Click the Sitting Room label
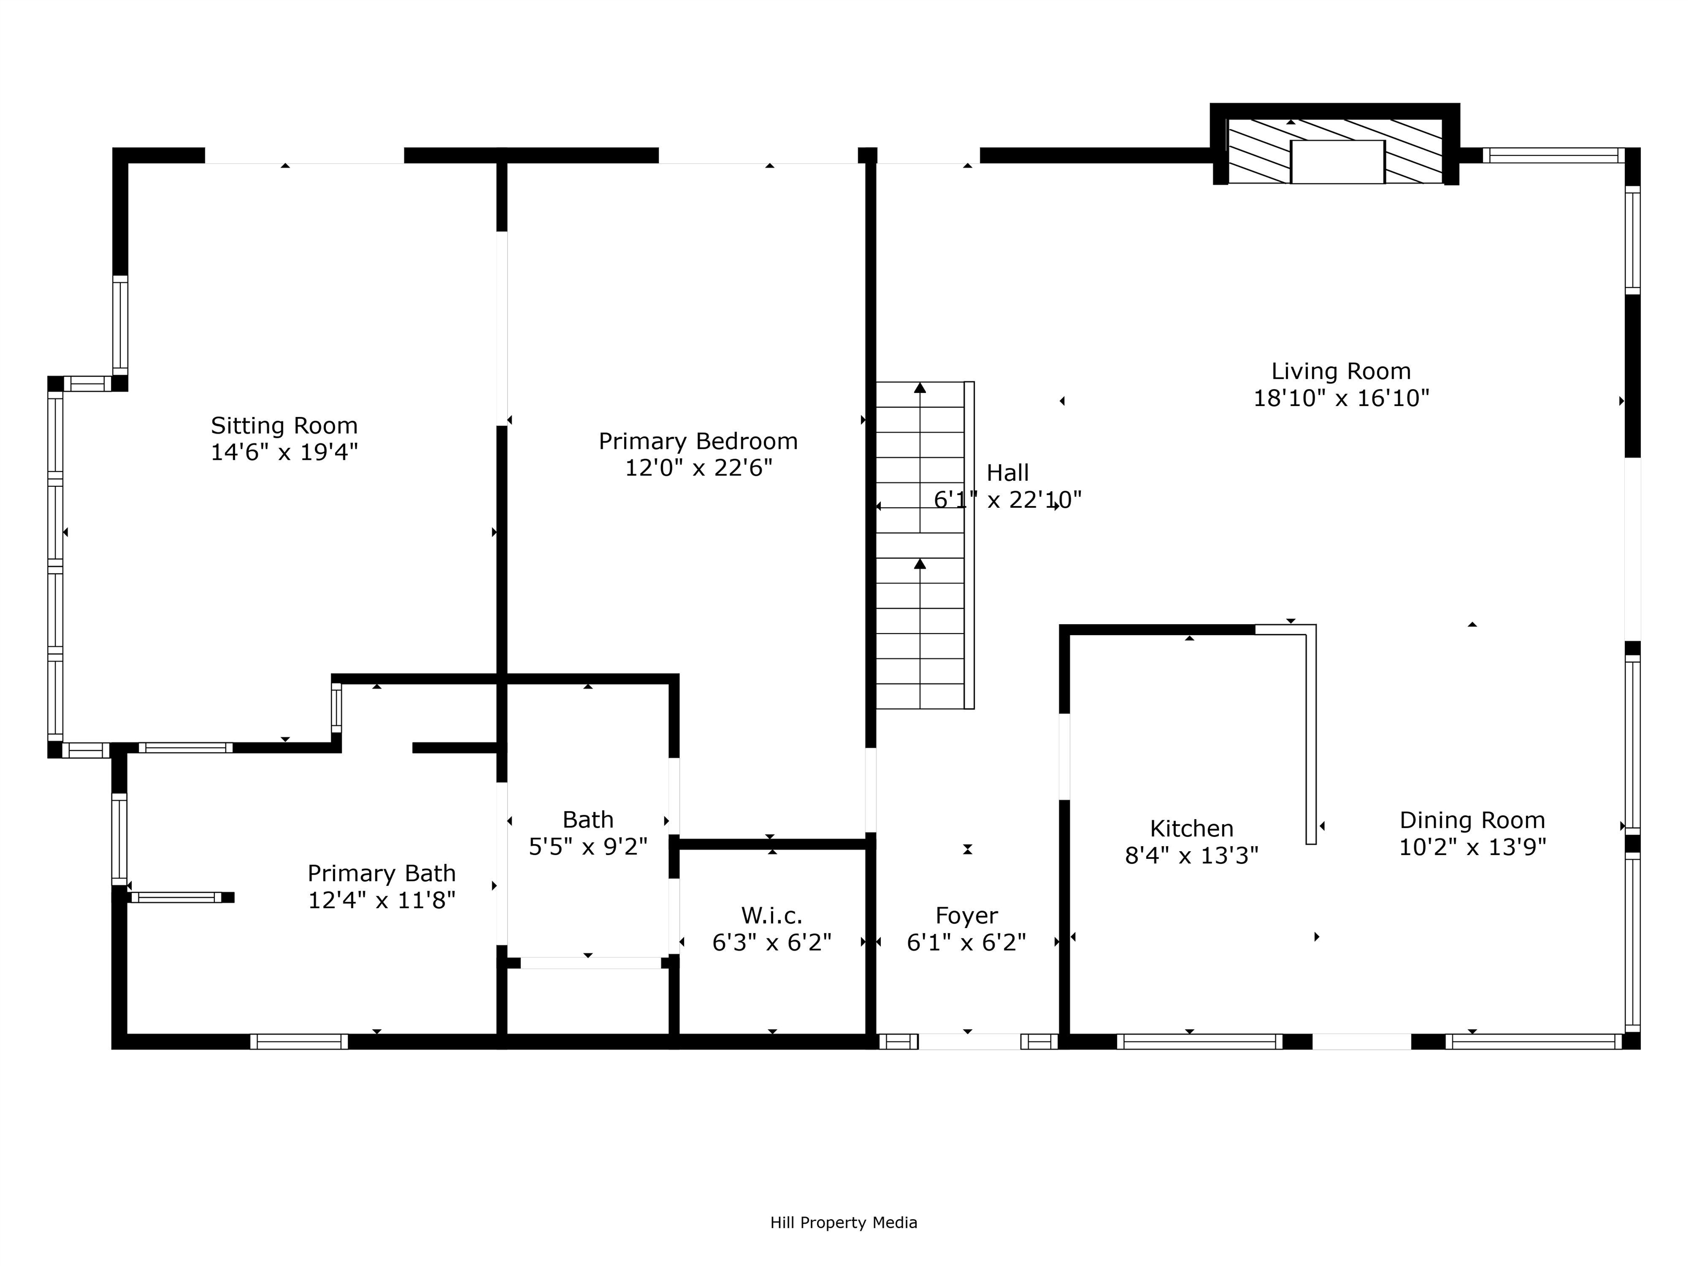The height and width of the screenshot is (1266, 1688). coord(284,425)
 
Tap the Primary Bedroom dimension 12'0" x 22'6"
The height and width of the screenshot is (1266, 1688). coord(698,468)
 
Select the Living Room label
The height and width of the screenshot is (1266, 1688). coord(1341,371)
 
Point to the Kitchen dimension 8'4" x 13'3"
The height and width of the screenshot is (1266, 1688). coord(1191,856)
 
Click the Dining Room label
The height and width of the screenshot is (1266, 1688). coord(1472,820)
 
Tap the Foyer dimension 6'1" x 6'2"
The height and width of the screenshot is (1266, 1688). coord(966,942)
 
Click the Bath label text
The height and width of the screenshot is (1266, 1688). coord(587,820)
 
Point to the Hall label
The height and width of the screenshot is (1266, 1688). coord(1007,473)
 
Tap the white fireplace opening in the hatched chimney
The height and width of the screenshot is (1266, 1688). coord(1337,162)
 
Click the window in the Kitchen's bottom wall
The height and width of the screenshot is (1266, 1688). coord(1200,1042)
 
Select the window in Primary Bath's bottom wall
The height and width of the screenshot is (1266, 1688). coord(299,1042)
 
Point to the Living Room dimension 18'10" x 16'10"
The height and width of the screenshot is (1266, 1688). coord(1341,398)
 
